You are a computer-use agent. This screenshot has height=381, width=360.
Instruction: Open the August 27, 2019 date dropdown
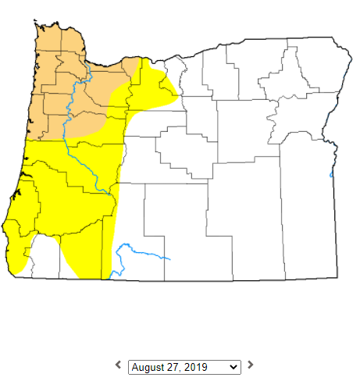[184, 366]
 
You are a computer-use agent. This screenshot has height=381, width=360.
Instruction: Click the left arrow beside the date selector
[118, 365]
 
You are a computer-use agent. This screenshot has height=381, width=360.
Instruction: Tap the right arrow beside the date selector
[251, 365]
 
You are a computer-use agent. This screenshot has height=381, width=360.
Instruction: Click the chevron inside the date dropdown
[234, 366]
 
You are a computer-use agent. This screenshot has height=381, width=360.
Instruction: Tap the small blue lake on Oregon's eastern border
[331, 175]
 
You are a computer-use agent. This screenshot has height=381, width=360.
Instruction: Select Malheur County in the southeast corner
[308, 219]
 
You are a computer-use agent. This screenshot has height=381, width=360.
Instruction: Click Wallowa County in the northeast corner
[316, 70]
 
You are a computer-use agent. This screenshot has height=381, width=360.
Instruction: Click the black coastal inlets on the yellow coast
[21, 188]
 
